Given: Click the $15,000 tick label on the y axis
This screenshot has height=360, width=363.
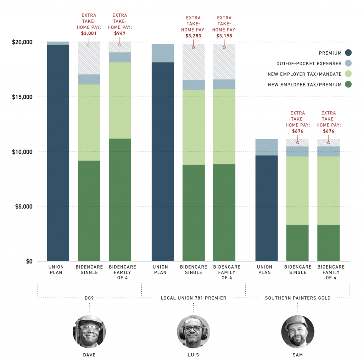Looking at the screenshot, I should (x=23, y=97).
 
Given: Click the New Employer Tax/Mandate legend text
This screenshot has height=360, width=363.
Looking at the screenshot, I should (x=305, y=74).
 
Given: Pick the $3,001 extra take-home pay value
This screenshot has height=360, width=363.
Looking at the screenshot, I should (x=89, y=34).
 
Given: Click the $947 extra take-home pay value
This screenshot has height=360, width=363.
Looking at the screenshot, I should (x=120, y=34).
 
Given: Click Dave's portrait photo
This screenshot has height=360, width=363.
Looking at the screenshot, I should (x=89, y=332).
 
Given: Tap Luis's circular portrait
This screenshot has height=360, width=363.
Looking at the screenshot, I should (x=193, y=332).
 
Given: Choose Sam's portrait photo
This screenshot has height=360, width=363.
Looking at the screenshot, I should (x=297, y=332).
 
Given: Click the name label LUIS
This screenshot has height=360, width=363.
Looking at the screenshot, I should (x=193, y=355).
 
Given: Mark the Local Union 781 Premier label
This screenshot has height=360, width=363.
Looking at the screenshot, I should (x=193, y=298).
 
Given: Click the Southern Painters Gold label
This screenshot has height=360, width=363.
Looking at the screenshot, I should (x=297, y=298).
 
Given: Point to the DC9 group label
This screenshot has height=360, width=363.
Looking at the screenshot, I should (x=89, y=298).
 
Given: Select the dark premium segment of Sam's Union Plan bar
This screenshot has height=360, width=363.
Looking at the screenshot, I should (x=267, y=208).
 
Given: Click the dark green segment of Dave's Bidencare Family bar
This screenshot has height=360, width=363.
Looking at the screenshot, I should (x=120, y=199).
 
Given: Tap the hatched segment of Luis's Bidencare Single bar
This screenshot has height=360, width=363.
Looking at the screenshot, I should (x=194, y=62).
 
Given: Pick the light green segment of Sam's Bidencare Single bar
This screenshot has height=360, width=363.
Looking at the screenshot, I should (x=297, y=190).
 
